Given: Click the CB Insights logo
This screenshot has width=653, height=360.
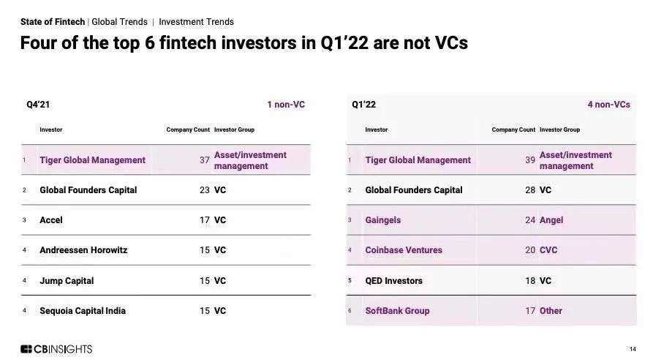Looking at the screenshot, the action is tap(56, 349).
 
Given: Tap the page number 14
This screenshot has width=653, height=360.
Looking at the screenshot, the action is tap(633, 349).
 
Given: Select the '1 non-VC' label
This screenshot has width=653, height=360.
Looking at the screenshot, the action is tap(286, 105).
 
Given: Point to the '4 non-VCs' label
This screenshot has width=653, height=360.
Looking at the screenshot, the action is tap(609, 105).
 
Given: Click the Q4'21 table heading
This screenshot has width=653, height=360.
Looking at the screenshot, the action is tap(38, 105).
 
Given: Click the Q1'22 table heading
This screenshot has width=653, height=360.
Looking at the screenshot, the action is tap(363, 105).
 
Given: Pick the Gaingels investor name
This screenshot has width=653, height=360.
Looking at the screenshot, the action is tap(382, 220).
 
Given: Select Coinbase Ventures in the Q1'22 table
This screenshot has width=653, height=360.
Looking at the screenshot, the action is tap(404, 250).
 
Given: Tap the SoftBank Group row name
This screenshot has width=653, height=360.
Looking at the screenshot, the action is tap(397, 311).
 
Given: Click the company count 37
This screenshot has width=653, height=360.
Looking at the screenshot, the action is tap(205, 160).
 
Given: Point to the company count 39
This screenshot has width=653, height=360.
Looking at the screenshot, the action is tap(530, 160).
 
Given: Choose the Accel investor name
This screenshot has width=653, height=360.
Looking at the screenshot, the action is tap(50, 220).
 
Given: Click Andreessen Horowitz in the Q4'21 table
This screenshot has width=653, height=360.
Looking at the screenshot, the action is tap(83, 250).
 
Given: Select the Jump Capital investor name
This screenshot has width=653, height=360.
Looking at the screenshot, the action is tap(67, 281).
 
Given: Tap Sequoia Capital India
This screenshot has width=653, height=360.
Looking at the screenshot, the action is tap(83, 311).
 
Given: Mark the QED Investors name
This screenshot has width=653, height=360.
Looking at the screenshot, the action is tap(393, 281).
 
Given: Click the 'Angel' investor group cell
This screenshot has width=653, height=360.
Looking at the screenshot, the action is tap(551, 220).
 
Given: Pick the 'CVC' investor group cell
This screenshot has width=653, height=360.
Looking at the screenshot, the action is tap(548, 250).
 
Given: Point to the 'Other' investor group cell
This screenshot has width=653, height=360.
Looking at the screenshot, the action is tap(551, 311).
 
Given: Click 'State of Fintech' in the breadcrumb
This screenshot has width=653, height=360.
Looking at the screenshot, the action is tap(53, 22).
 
